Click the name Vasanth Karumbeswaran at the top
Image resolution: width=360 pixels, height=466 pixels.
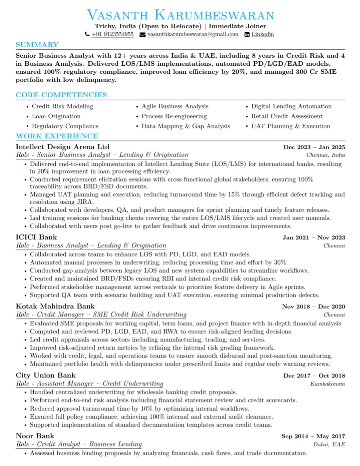coord(180,15)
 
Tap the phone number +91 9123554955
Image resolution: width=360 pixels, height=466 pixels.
coord(112,34)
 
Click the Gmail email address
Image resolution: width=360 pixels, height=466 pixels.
coord(193,34)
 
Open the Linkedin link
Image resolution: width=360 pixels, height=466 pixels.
coord(262,34)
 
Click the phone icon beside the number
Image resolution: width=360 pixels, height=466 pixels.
coord(87,34)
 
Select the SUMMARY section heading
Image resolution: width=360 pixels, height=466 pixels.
coord(37,45)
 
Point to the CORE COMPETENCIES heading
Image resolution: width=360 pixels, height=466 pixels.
coord(61,95)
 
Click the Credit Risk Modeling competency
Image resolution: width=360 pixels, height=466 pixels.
coord(62,106)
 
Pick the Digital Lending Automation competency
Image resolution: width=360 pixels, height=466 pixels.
coord(291,106)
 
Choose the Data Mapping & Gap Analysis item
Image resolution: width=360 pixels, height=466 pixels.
coord(185,126)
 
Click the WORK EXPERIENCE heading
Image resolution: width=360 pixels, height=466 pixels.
coord(57,136)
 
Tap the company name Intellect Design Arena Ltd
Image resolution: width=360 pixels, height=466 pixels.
coord(62,147)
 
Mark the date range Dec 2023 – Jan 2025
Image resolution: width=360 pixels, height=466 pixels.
coord(314,147)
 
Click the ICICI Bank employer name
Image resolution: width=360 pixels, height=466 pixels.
coord(36,237)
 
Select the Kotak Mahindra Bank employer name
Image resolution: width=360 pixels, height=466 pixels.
coord(55,306)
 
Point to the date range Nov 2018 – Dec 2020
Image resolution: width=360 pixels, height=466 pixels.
coord(313,306)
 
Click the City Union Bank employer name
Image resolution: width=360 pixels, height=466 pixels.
coord(45,375)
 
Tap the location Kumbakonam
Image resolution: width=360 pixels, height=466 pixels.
coord(327,384)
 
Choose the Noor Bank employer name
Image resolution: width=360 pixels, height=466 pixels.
coord(35,436)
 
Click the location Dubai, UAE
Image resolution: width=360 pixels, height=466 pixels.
coord(329,444)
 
